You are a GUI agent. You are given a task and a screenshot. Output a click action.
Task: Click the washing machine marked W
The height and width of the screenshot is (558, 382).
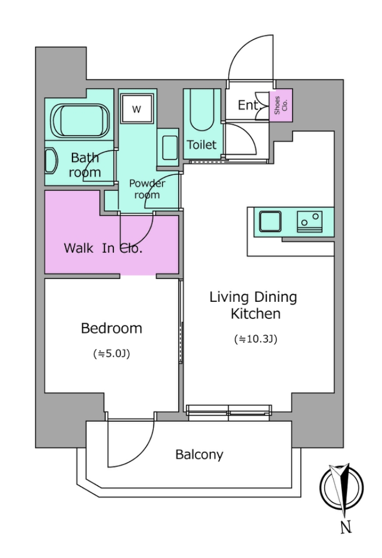pyautogui.click(x=137, y=108)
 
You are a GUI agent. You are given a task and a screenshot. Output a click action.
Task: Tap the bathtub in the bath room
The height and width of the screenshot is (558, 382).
pyautogui.click(x=80, y=121)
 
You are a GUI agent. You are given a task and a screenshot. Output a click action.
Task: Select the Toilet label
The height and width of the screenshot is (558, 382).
pyautogui.click(x=202, y=145)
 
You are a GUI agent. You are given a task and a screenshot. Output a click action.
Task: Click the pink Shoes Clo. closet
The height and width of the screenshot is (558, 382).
pyautogui.click(x=281, y=105)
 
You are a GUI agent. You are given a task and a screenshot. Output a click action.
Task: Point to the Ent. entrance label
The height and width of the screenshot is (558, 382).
pyautogui.click(x=248, y=105)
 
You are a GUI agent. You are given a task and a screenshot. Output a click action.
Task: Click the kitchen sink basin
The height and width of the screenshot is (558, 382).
pyautogui.click(x=270, y=221)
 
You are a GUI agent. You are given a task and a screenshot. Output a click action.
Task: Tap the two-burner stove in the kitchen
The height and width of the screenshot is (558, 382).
pyautogui.click(x=310, y=221)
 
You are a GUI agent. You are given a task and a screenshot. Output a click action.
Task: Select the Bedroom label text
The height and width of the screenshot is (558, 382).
pyautogui.click(x=111, y=328)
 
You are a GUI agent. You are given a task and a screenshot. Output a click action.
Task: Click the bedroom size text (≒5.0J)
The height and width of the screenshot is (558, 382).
pyautogui.click(x=111, y=354)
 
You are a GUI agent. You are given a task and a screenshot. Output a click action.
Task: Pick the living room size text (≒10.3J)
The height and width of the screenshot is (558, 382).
pyautogui.click(x=256, y=339)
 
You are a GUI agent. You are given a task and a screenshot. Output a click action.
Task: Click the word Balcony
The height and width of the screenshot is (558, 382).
pyautogui.click(x=199, y=454)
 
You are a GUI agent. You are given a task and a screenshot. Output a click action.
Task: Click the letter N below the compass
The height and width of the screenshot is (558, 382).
pyautogui.click(x=345, y=527)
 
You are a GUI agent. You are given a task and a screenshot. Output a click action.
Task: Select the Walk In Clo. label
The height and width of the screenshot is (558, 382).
pyautogui.click(x=103, y=248)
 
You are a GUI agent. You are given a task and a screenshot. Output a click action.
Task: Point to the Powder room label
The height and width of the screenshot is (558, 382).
pyautogui.click(x=147, y=189)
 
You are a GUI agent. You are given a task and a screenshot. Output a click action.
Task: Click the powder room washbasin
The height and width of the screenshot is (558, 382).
pyautogui.click(x=170, y=147)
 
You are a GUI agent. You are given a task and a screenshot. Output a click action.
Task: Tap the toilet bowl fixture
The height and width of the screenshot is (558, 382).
pyautogui.click(x=202, y=110)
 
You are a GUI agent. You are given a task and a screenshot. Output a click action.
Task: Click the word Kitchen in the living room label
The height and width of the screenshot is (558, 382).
pyautogui.click(x=256, y=313)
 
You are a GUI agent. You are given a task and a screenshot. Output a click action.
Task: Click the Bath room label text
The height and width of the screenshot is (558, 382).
pyautogui.click(x=84, y=165)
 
